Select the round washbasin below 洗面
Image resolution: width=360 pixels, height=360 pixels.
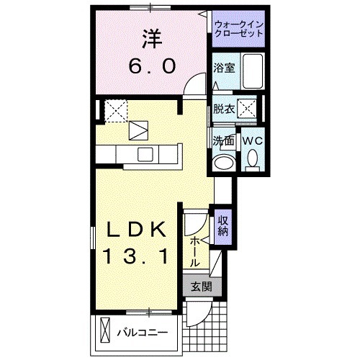(x=223, y=161)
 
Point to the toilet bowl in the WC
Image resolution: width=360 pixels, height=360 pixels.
(x=253, y=158)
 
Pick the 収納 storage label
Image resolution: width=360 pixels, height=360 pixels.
(x=222, y=226)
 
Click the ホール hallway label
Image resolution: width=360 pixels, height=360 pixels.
(x=195, y=253)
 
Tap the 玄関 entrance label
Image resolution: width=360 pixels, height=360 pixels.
(x=201, y=286)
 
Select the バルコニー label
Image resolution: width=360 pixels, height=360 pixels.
(x=143, y=333)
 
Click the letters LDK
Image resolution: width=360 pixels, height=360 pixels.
(x=139, y=229)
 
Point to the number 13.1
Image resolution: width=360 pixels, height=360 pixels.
(x=139, y=255)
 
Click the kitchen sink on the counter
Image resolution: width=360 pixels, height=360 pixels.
(x=145, y=153)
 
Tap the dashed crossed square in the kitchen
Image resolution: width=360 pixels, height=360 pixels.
(x=114, y=110)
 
